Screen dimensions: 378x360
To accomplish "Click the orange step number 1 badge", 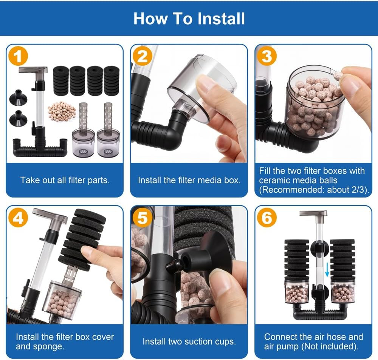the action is point(18,56).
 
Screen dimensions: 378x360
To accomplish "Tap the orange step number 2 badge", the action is point(143,56).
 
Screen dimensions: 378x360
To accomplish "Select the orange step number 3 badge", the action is point(266,56).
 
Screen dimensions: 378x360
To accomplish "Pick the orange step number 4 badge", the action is point(18,218).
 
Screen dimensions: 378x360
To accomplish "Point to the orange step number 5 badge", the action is point(143,218).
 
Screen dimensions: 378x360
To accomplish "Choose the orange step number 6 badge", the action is point(266,218).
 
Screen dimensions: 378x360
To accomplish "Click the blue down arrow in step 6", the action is point(327,270).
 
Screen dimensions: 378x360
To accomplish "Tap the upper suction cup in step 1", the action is point(18,97).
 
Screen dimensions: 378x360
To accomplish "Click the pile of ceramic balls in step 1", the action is point(62,111).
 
